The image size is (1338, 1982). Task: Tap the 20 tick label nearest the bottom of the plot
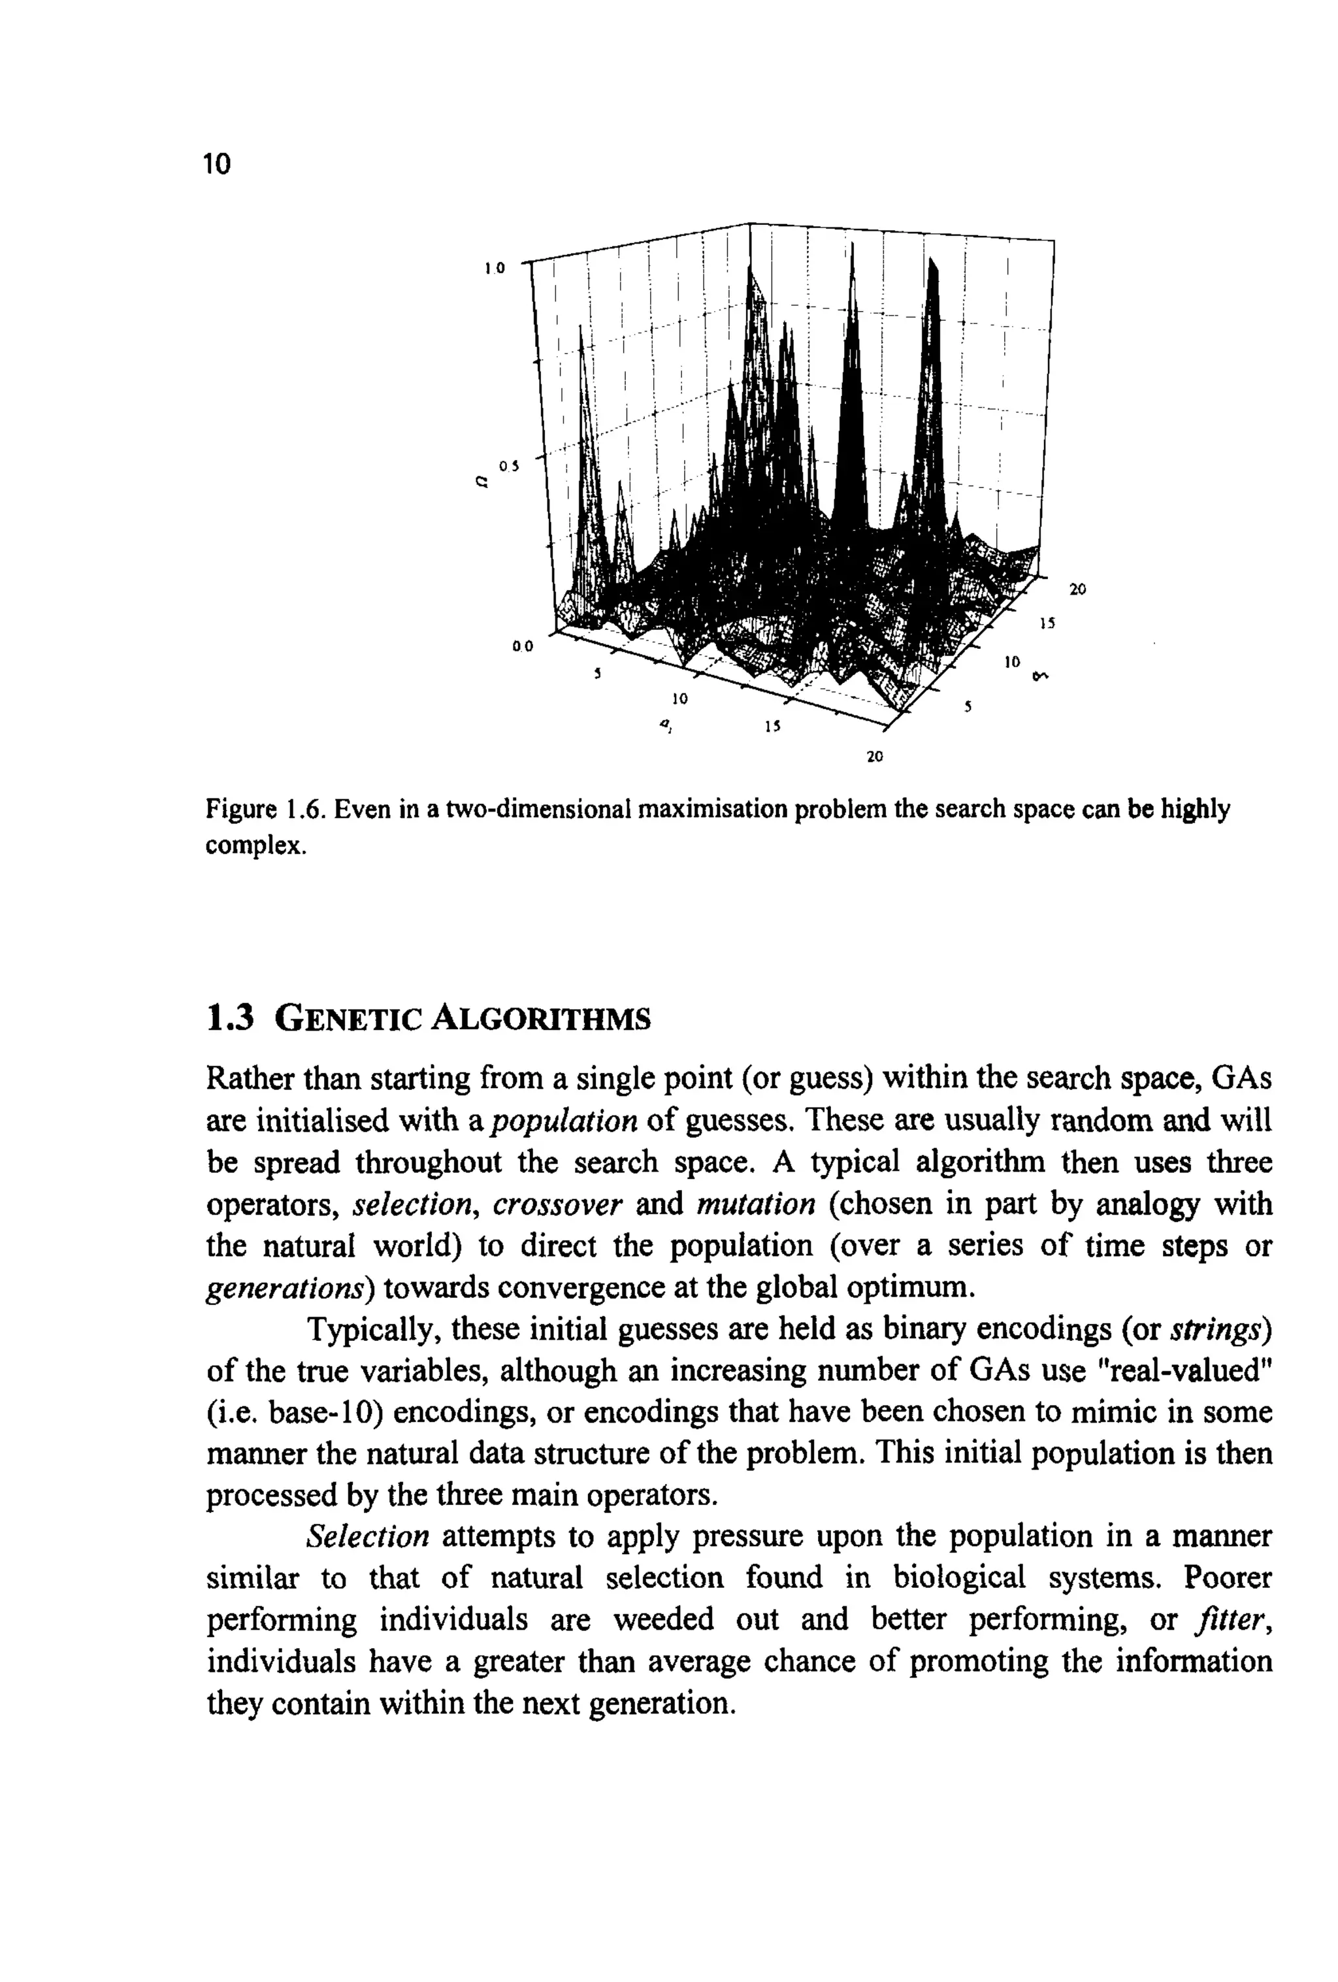click(x=874, y=755)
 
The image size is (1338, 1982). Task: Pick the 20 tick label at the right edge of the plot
click(x=1077, y=589)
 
